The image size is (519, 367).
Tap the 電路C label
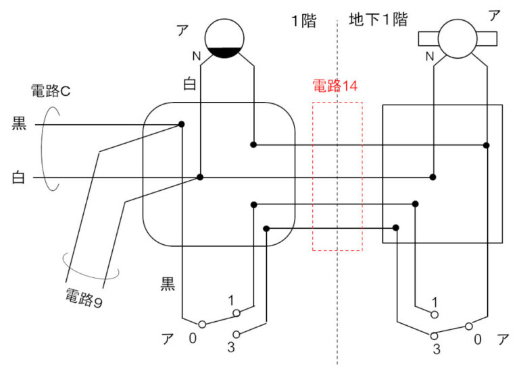pos(51,90)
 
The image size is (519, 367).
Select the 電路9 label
pos(84,295)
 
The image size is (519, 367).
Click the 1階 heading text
pos(303,20)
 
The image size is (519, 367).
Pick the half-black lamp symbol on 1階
pos(227,38)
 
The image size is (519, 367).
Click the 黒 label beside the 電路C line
pos(20,124)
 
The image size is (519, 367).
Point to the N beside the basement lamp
pos(430,57)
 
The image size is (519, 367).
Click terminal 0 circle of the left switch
pos(201,324)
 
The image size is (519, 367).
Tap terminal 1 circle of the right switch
pos(435,314)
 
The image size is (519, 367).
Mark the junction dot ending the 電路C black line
pos(182,124)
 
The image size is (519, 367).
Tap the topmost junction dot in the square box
pos(487,145)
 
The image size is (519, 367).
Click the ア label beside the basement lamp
pos(494,15)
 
